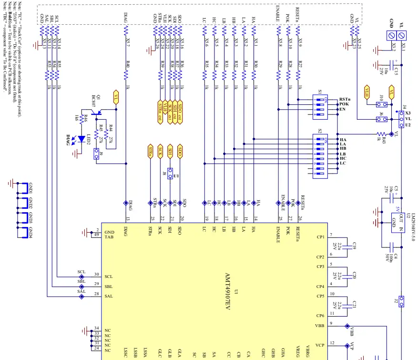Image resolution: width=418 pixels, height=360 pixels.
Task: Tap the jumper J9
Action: point(96,154)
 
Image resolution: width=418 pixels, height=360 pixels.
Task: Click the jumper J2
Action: point(401,300)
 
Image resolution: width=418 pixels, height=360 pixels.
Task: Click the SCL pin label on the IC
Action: point(109,277)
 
